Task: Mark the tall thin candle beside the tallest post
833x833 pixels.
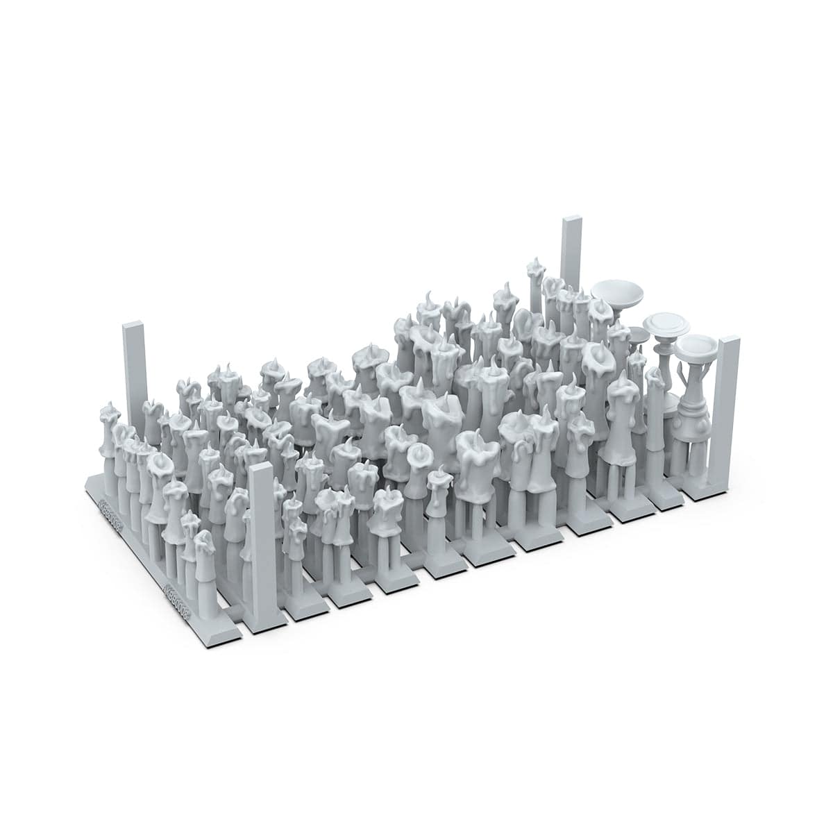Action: (535, 292)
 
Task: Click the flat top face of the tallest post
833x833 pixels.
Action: (571, 221)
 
